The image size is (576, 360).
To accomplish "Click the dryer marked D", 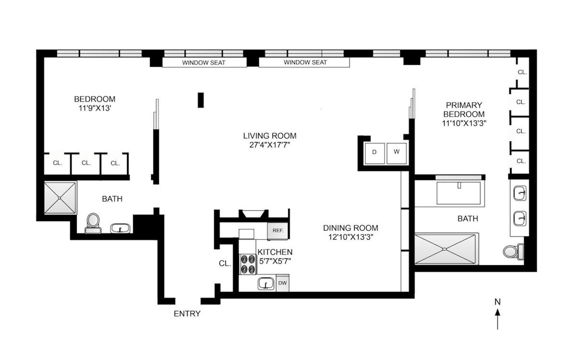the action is click(375, 153).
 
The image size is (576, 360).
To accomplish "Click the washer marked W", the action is click(396, 153).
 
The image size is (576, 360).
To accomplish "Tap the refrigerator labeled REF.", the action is click(278, 231).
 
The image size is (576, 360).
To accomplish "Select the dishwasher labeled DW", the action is click(283, 283).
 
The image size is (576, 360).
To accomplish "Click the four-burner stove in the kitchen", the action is click(248, 264).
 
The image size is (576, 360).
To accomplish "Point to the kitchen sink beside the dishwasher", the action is click(266, 284).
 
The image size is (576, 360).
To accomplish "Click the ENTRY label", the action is click(187, 314).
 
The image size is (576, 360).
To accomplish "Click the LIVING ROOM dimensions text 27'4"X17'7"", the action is click(270, 145).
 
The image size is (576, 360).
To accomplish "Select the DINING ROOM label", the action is click(350, 228).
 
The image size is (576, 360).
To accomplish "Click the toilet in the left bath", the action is click(93, 223).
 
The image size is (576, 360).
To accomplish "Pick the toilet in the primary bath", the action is click(513, 251).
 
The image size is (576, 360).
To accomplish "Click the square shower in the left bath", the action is click(60, 198).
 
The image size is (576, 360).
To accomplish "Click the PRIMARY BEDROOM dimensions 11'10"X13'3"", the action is click(464, 123).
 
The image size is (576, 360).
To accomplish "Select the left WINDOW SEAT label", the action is click(204, 62).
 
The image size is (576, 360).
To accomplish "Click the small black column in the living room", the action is click(201, 100).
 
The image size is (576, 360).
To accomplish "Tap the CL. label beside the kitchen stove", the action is click(225, 264).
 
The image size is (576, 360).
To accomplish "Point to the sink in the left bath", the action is click(120, 228).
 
